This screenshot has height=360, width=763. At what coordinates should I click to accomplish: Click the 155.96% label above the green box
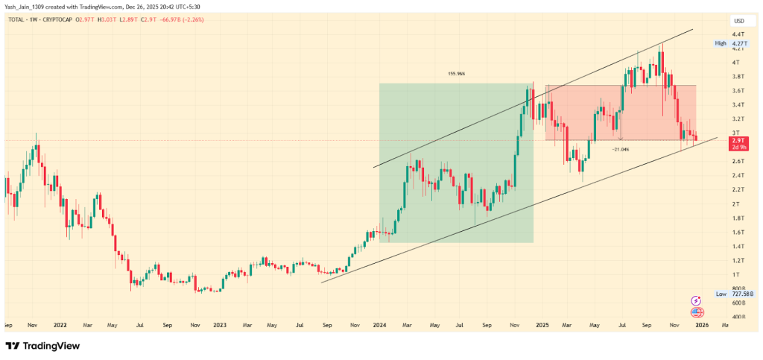coord(456,74)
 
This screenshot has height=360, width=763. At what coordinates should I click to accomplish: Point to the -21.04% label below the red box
coord(620,149)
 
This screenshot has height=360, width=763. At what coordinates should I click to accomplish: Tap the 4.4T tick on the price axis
coord(738,34)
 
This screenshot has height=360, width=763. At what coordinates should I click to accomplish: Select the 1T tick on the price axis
coord(736,274)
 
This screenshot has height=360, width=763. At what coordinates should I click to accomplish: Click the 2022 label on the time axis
coord(60,325)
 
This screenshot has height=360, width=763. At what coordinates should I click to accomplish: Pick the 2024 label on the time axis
coord(379,325)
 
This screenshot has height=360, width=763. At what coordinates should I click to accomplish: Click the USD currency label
coord(739,21)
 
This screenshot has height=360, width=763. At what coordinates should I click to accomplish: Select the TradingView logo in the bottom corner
coord(42,346)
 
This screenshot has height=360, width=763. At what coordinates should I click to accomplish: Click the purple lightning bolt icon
coord(697,300)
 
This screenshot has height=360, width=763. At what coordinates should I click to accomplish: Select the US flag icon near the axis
coord(697,312)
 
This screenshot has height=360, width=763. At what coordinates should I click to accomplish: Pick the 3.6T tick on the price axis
coord(738,91)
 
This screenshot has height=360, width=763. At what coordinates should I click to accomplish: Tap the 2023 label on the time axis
coord(220,325)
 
